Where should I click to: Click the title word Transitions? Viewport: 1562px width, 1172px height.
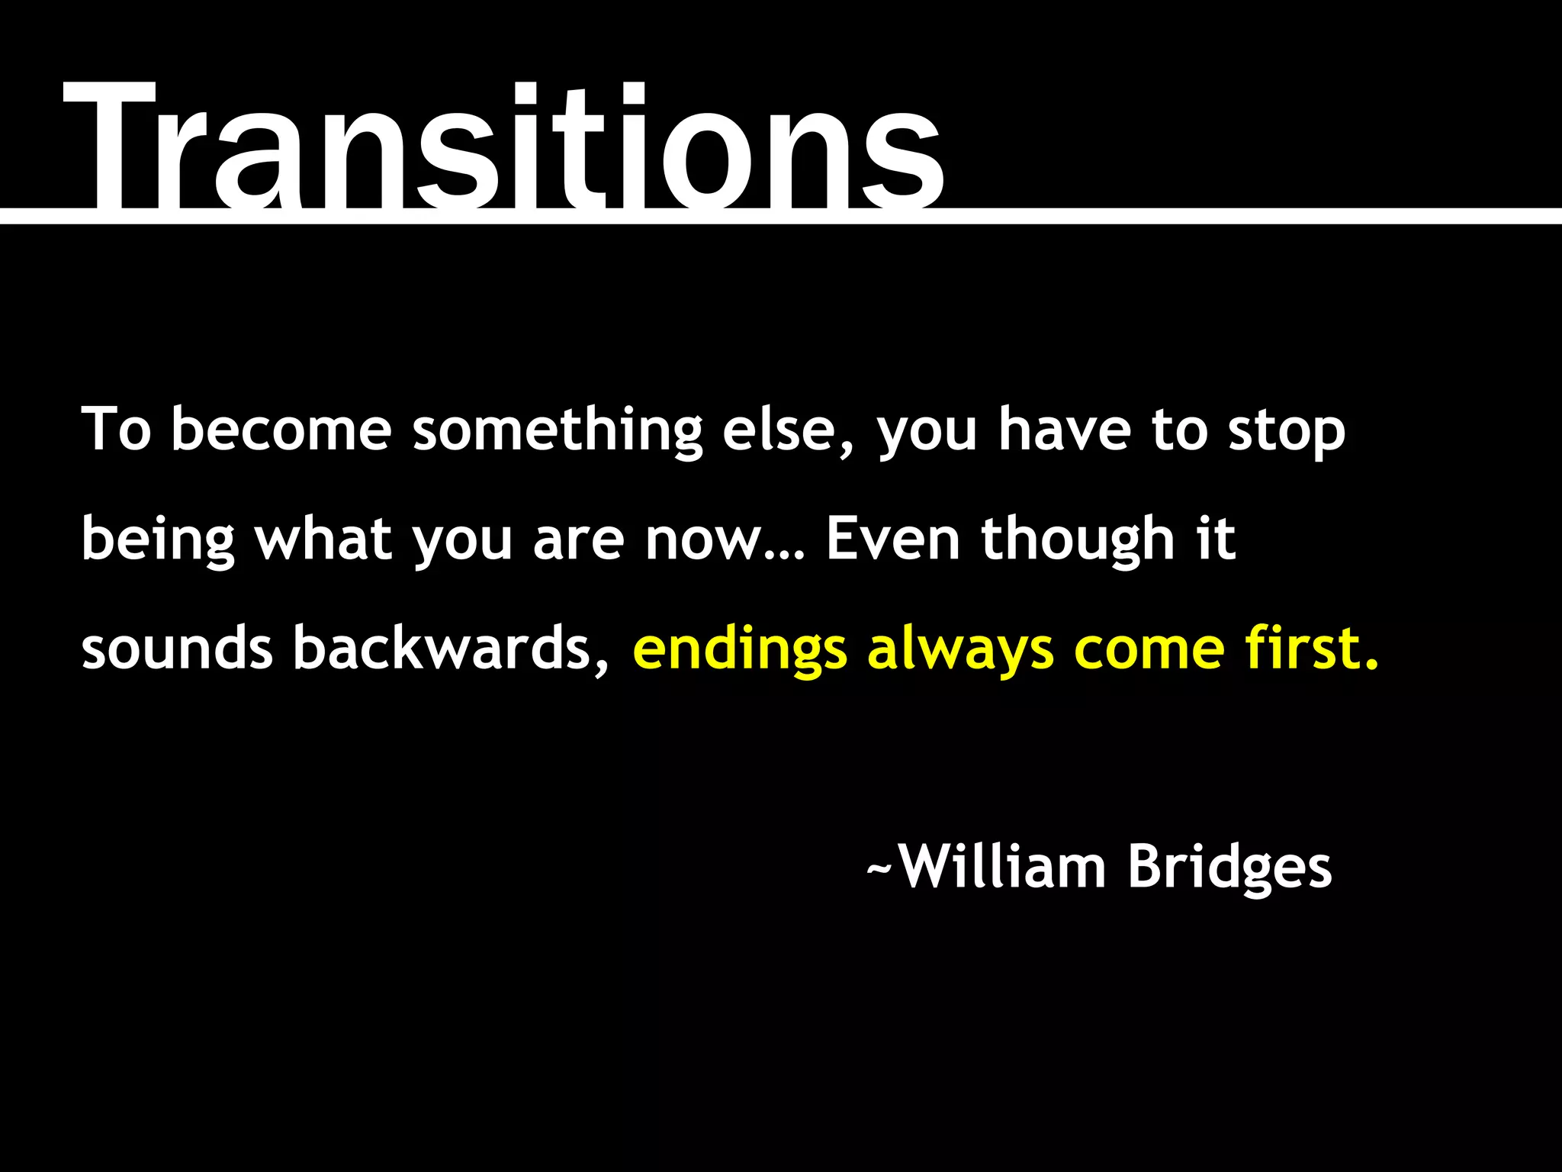(503, 149)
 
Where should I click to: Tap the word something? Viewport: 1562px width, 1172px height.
(558, 431)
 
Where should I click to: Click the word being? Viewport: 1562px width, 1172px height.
(158, 540)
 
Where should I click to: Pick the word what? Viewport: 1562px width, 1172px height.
(323, 539)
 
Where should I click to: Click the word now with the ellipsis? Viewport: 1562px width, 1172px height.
(725, 540)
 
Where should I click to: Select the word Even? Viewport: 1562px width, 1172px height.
(892, 539)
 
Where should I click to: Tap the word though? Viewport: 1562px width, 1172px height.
(1078, 540)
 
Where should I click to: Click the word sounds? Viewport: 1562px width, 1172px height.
(177, 649)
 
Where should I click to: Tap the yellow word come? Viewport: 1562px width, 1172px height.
(1149, 649)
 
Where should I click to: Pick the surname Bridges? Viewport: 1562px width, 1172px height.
(1229, 868)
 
